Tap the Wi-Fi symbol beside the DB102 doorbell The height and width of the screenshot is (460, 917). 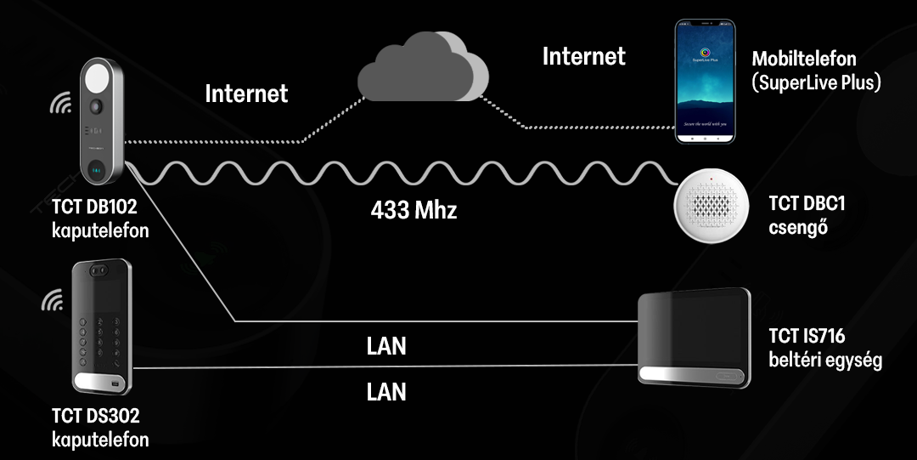pos(60,104)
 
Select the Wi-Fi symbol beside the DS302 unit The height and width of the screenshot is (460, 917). pos(53,301)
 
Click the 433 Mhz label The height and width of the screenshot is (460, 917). pos(413,210)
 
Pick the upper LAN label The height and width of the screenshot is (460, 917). pos(386,346)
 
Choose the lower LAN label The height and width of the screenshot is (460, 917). pos(386,392)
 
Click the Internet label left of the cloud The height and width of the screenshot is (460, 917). pos(246,93)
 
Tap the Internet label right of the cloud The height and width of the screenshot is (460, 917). pos(584,56)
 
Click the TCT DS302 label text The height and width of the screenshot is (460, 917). pos(95,417)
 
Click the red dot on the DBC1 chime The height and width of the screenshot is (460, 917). pos(712,179)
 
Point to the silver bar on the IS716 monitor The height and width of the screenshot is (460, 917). pos(694,375)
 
